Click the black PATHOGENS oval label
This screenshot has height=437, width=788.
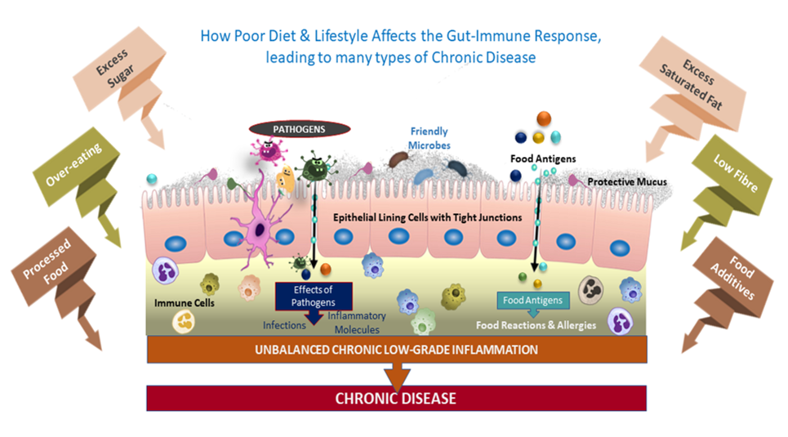tap(299, 128)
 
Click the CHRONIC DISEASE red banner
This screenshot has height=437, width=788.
tap(396, 399)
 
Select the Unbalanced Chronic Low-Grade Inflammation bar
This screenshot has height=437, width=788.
tap(396, 350)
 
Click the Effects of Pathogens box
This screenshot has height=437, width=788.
tap(314, 293)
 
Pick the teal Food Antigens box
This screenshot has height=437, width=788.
tap(532, 301)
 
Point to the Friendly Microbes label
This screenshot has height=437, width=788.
tap(429, 138)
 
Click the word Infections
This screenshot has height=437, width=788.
tap(283, 324)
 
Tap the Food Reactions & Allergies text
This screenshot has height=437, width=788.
tap(536, 325)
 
